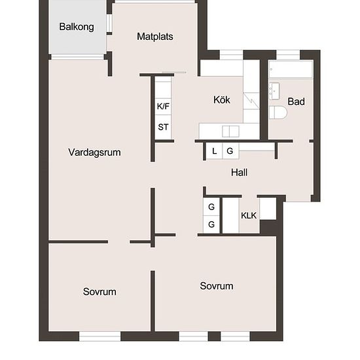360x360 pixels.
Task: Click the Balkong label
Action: tap(77, 27)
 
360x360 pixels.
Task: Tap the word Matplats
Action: tap(155, 37)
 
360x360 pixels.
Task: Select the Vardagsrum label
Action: tap(94, 153)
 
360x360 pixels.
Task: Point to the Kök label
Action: tap(221, 100)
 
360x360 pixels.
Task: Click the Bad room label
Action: tap(296, 101)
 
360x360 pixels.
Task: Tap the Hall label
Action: tap(239, 172)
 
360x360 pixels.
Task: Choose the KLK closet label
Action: tap(249, 215)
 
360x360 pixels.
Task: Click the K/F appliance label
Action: tap(163, 106)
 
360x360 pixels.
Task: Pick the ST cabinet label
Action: tap(163, 127)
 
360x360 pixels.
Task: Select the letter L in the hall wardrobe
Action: tap(215, 151)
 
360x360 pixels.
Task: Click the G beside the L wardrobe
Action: tap(230, 151)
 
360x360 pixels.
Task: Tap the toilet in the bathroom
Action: tap(278, 113)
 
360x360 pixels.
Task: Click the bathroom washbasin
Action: tap(274, 91)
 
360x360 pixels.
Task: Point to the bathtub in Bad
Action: tap(291, 69)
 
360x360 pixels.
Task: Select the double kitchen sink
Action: tap(230, 132)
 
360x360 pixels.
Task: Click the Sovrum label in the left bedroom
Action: tap(99, 292)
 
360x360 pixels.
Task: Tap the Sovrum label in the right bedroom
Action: tap(217, 286)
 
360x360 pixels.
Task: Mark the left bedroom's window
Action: tap(100, 336)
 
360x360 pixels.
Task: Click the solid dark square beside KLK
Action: tap(268, 228)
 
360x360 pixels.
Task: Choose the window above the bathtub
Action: tap(288, 55)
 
